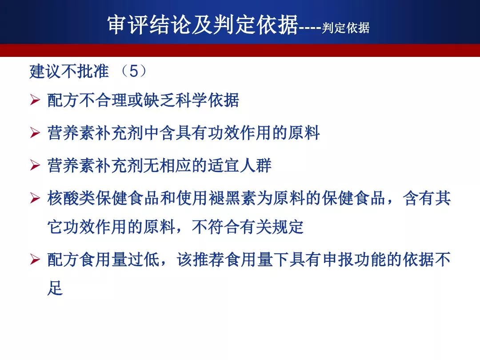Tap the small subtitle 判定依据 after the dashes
(x=346, y=28)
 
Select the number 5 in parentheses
(x=134, y=71)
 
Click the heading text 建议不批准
(x=69, y=71)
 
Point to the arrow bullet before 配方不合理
(x=35, y=100)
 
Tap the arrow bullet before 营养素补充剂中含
(x=35, y=133)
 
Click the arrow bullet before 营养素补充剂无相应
(x=35, y=165)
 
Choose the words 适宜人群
(x=240, y=166)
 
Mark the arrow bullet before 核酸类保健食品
(x=35, y=198)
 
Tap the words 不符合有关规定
(x=248, y=227)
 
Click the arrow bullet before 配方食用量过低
(x=35, y=260)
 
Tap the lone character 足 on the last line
(x=55, y=288)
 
